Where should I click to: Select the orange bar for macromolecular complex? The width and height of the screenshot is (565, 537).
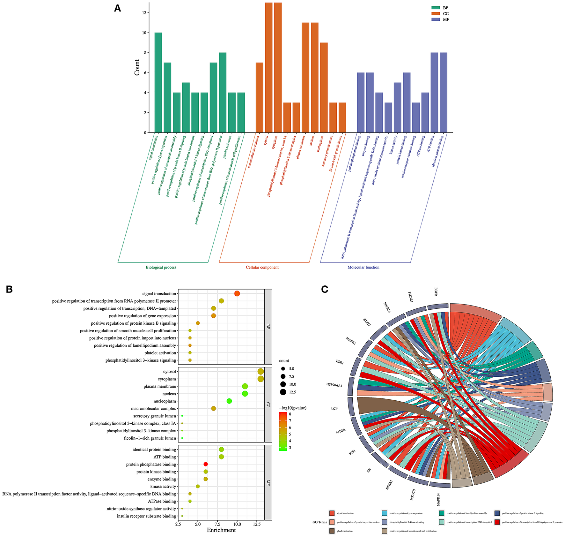click(x=259, y=97)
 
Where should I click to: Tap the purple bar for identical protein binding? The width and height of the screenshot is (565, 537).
click(x=443, y=93)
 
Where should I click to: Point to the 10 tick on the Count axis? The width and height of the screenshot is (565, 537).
click(x=144, y=33)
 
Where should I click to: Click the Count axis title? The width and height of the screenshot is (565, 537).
click(x=137, y=67)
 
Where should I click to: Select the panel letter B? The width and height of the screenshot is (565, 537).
click(x=9, y=289)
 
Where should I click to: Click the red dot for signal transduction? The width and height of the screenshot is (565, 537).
click(x=237, y=294)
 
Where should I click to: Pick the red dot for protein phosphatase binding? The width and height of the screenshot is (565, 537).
click(x=206, y=464)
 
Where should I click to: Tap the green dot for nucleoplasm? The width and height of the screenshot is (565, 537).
click(x=229, y=401)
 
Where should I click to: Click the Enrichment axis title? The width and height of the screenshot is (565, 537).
click(x=221, y=530)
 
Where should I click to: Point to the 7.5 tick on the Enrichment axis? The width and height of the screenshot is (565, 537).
click(x=217, y=524)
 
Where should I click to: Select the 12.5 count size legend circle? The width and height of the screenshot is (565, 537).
click(x=283, y=392)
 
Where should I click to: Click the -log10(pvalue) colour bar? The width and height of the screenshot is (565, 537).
click(x=282, y=431)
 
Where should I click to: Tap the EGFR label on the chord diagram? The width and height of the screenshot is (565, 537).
click(x=436, y=292)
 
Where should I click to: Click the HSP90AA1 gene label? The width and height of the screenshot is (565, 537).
click(x=334, y=385)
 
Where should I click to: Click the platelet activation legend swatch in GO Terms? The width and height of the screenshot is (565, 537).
click(x=332, y=531)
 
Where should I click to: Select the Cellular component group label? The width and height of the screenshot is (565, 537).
click(x=262, y=268)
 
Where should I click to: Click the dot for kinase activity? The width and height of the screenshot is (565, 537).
click(x=198, y=486)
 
